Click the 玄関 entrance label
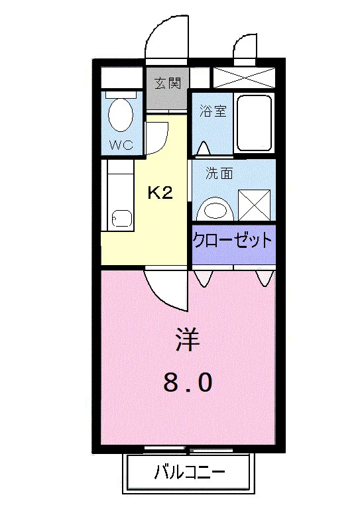[x=167, y=84]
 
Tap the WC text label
[x=121, y=144]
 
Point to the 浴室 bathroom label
[x=213, y=111]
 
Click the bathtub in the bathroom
[x=254, y=123]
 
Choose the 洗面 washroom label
[x=219, y=174]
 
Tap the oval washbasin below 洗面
[x=215, y=210]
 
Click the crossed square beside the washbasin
[x=254, y=205]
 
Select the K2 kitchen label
[x=160, y=194]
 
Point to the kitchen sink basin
[x=122, y=219]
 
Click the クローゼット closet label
[x=233, y=241]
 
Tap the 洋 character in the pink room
[x=188, y=339]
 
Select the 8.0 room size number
[x=188, y=382]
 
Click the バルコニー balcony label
[x=189, y=473]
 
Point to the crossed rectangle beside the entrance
[x=244, y=78]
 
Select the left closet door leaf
[x=204, y=278]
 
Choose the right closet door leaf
[x=265, y=278]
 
